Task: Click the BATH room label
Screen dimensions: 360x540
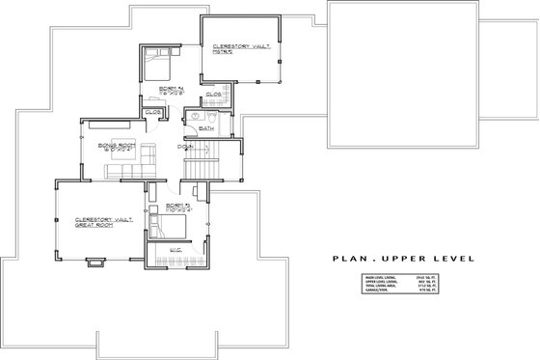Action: [x=205, y=127]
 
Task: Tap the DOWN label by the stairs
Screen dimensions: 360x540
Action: [x=182, y=147]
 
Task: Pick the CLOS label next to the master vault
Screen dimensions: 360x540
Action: [x=214, y=95]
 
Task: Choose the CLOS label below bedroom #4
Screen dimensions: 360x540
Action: [x=151, y=113]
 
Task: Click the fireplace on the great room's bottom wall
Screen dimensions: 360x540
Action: [x=95, y=259]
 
